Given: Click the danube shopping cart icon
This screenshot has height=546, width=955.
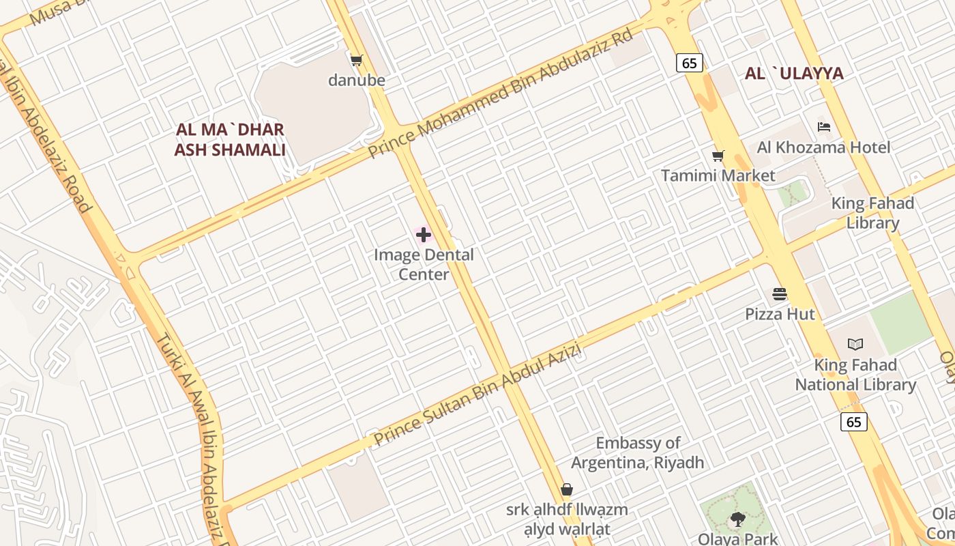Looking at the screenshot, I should coord(356,61).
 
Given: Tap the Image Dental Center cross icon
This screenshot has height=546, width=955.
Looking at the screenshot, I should coord(424,235).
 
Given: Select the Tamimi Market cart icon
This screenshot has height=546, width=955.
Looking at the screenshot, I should coord(718,156).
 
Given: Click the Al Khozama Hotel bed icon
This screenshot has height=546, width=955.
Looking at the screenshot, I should coord(824,127).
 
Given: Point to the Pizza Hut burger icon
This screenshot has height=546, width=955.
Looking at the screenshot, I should coord(780,294).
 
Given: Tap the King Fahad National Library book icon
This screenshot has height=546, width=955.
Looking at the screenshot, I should coord(855,345).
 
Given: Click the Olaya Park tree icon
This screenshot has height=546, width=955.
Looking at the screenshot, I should coord(737,519).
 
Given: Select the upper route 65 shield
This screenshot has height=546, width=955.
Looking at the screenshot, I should coord(690,63).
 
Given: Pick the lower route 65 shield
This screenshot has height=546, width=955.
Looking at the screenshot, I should coord(854,422).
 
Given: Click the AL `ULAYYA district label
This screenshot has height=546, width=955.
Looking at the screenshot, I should coord(794,74).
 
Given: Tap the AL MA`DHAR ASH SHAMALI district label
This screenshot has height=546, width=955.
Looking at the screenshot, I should coord(230,140).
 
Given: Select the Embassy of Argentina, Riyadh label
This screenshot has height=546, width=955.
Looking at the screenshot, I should coord(637,453).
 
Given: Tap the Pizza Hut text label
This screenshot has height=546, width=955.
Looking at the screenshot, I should coord(780,314).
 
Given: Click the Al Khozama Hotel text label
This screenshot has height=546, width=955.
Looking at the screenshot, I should coord(823,147).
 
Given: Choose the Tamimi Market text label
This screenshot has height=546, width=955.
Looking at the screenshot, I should coord(718,175).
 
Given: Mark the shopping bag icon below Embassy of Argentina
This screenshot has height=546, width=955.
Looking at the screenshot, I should coord(566,489).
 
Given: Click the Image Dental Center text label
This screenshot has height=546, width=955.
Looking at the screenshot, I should coord(424,264).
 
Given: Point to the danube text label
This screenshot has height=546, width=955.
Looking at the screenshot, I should coord(357,81).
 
